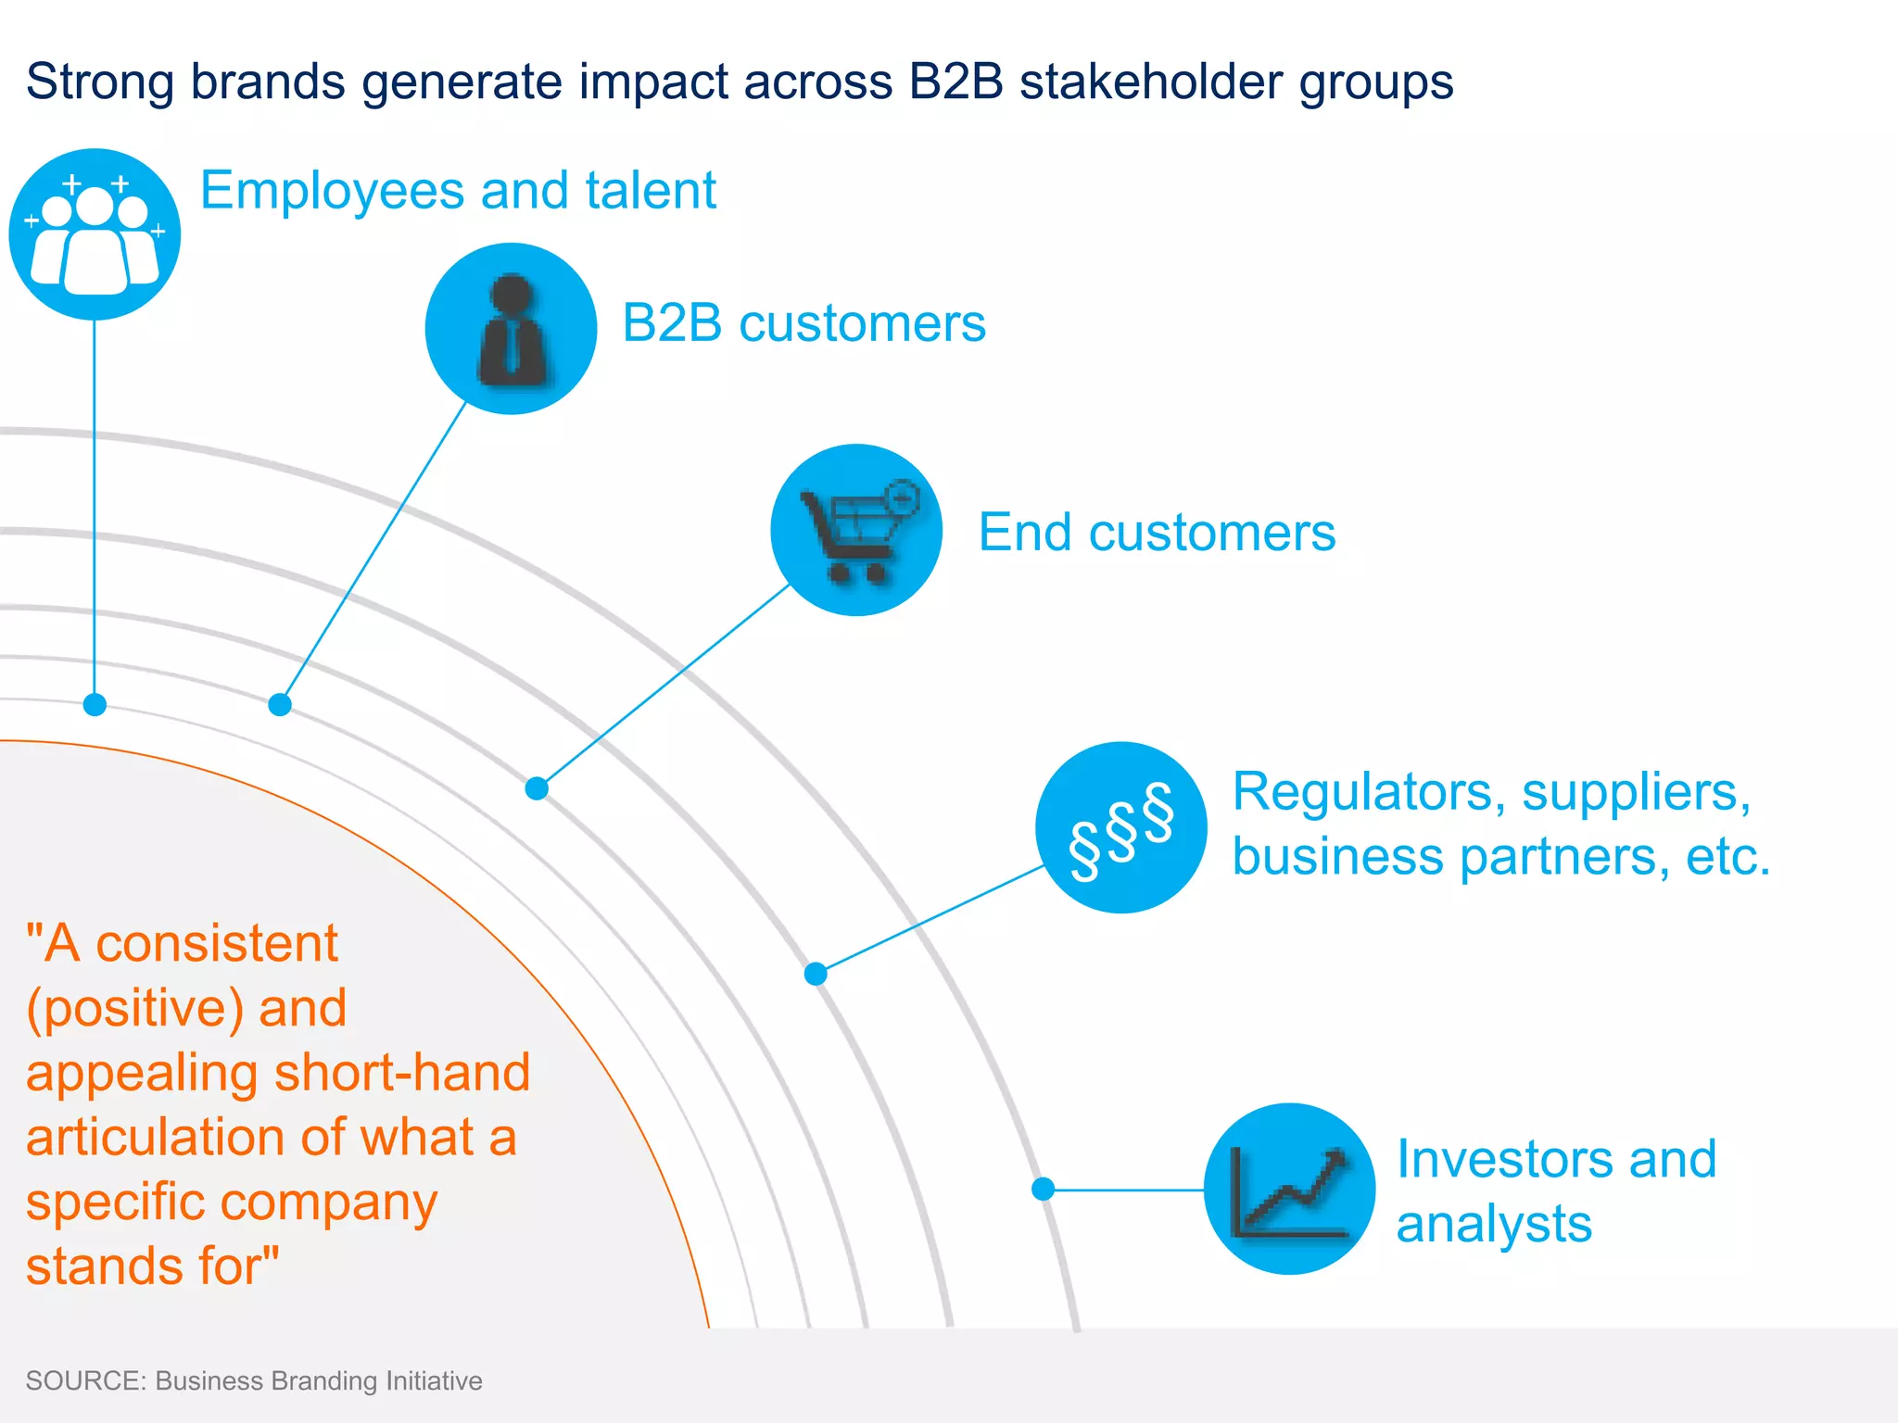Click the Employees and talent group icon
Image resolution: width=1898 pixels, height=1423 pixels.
point(95,234)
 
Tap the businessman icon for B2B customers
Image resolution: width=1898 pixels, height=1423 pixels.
point(511,329)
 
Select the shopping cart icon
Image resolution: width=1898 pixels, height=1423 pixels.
point(856,530)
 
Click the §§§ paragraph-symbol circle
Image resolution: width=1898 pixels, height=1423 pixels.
point(1121,827)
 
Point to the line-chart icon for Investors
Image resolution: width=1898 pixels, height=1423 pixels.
point(1289,1189)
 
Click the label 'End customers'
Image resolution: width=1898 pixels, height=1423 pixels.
point(1157,533)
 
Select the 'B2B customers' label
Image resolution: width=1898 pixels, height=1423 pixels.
point(803,323)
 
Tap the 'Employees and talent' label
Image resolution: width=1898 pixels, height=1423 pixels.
point(458,191)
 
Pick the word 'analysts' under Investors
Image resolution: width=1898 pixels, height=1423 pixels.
point(1494,1224)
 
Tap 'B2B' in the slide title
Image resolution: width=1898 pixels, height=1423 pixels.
point(955,82)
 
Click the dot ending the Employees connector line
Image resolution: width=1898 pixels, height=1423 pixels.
point(95,705)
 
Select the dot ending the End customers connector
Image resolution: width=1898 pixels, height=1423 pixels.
point(537,788)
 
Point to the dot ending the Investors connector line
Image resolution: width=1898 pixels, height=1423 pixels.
point(1044,1189)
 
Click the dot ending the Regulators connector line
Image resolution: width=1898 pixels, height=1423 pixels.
point(816,974)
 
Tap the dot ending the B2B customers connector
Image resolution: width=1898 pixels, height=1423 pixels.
point(280,705)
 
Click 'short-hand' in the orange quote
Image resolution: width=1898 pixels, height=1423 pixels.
point(402,1073)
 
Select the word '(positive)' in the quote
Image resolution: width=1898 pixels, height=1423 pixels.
point(135,1009)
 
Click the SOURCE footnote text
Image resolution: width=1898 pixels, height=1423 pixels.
point(254,1380)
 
